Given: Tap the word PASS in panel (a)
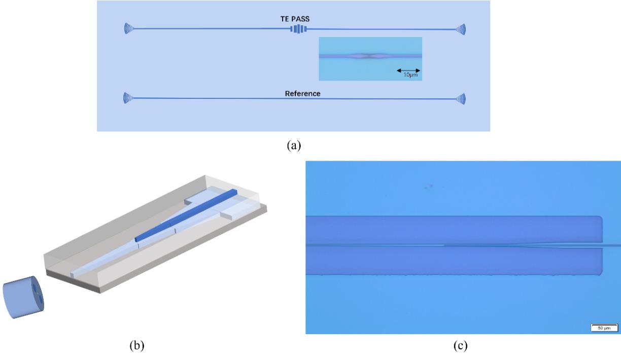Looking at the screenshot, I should tap(300, 19).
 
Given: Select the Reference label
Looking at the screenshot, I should tap(302, 94).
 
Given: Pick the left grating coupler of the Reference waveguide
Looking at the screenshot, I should tap(127, 98).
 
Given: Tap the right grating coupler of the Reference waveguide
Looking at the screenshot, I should tap(460, 98).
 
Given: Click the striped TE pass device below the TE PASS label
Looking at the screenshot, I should tap(299, 29).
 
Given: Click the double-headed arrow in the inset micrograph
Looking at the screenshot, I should tap(408, 70).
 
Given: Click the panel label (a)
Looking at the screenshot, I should tap(294, 146).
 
